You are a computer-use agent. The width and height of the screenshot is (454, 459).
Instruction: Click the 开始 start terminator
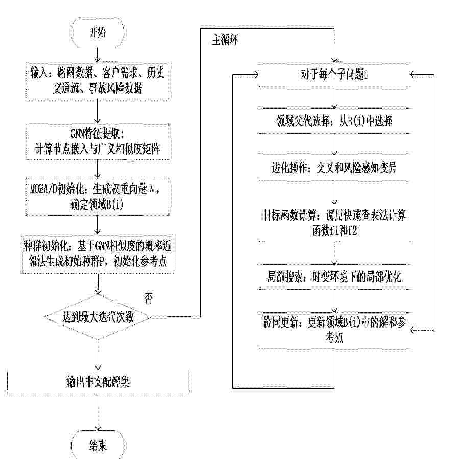tap(98, 32)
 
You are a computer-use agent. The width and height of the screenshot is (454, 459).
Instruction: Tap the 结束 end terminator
tap(98, 446)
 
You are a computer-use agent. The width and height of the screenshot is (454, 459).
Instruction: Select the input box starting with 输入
tap(97, 80)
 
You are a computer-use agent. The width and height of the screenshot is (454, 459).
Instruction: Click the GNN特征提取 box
tap(97, 142)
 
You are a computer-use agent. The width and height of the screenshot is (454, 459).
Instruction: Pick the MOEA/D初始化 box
tap(97, 196)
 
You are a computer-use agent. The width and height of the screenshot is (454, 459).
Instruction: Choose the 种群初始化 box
tap(98, 254)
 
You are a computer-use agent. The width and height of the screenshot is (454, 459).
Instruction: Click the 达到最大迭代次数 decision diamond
tap(98, 317)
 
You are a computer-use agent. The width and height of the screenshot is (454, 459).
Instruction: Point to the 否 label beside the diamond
tap(148, 299)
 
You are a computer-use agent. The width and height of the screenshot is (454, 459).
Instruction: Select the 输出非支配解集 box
tap(98, 382)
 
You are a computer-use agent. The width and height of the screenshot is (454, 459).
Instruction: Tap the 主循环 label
tap(225, 40)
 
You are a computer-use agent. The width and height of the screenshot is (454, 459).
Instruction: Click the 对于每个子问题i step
tap(334, 75)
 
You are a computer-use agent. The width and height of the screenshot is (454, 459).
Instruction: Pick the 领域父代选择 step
tap(334, 121)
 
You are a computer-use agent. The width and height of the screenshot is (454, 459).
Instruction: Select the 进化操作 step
tap(334, 168)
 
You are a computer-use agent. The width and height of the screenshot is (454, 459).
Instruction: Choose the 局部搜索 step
tap(334, 277)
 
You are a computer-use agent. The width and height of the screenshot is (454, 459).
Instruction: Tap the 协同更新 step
tap(334, 330)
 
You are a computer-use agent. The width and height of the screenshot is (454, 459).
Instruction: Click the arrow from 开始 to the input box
tap(98, 55)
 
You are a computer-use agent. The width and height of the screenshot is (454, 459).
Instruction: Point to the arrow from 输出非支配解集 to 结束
tap(98, 413)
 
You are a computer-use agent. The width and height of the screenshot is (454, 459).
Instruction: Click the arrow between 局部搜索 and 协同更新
tap(334, 301)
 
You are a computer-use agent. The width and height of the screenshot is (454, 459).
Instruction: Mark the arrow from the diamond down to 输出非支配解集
tap(98, 355)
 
